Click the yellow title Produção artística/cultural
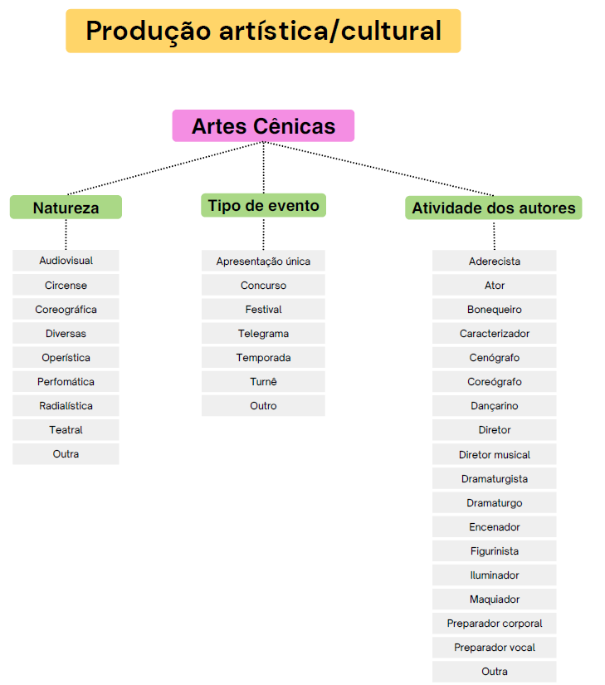pyautogui.click(x=263, y=32)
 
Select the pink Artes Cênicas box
pyautogui.click(x=263, y=126)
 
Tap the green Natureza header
pyautogui.click(x=66, y=208)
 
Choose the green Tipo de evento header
pyautogui.click(x=263, y=206)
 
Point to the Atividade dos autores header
pyautogui.click(x=494, y=208)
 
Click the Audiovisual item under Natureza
pyautogui.click(x=66, y=261)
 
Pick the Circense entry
pyautogui.click(x=66, y=285)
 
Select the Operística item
pyautogui.click(x=66, y=358)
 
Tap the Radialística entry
pyautogui.click(x=66, y=406)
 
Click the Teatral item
pyautogui.click(x=66, y=430)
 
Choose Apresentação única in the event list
pyautogui.click(x=263, y=262)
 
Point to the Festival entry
pyautogui.click(x=263, y=310)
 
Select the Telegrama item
pyautogui.click(x=263, y=334)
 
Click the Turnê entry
pyautogui.click(x=263, y=382)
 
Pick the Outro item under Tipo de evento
pyautogui.click(x=263, y=406)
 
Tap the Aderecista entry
pyautogui.click(x=495, y=262)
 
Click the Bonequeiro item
pyautogui.click(x=495, y=310)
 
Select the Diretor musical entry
pyautogui.click(x=495, y=455)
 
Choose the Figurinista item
pyautogui.click(x=495, y=551)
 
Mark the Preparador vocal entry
pyautogui.click(x=495, y=648)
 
